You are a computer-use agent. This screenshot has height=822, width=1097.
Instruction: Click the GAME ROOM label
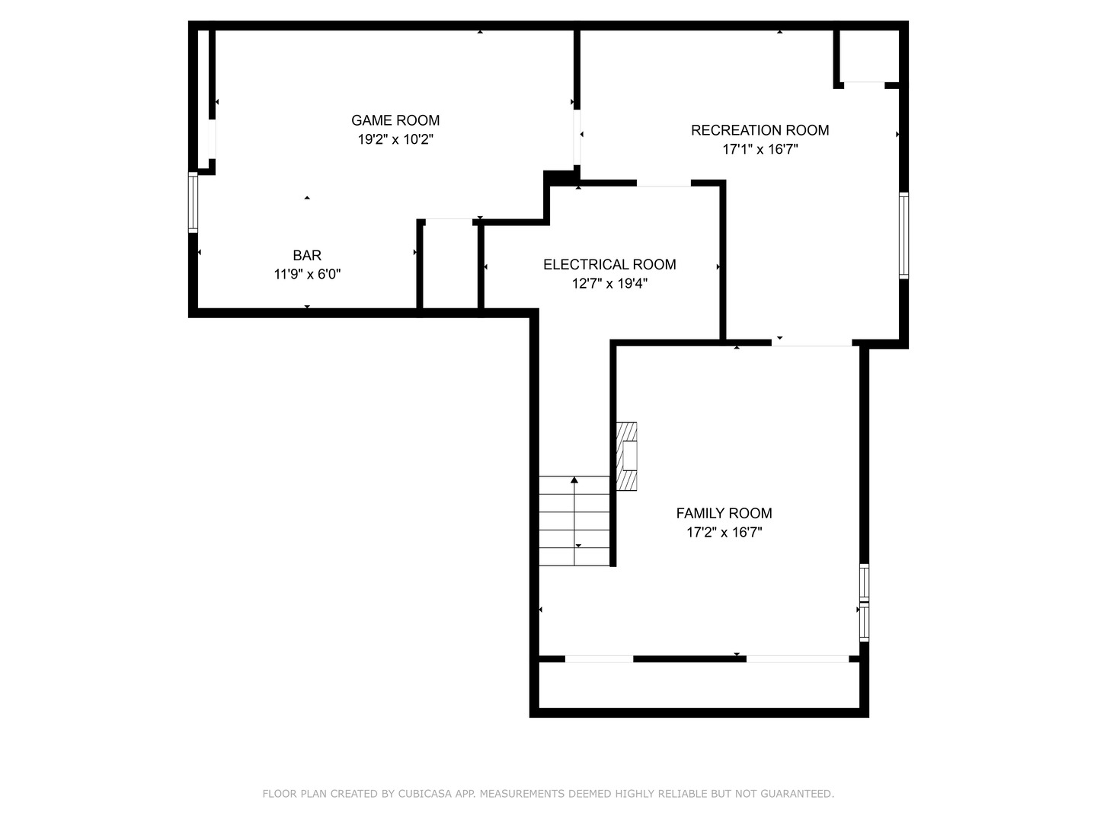point(395,120)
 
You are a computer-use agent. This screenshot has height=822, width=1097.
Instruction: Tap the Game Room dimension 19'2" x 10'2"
point(395,140)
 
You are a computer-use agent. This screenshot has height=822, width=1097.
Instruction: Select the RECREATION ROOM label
point(760,130)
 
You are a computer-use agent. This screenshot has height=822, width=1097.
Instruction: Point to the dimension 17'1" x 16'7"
point(760,150)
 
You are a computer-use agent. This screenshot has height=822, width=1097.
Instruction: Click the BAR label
point(307,256)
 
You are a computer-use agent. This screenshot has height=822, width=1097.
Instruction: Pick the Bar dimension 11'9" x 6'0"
point(307,275)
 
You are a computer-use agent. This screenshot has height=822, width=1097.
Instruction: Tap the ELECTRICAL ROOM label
point(609,265)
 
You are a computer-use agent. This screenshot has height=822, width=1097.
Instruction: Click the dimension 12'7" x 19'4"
point(609,284)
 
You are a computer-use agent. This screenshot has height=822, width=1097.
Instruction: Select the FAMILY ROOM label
point(724,514)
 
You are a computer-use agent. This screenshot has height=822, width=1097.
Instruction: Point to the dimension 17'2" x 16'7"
point(724,533)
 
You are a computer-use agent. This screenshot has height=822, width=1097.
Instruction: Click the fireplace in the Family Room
point(626,457)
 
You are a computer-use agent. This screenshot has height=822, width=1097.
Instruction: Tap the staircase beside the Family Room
point(574,521)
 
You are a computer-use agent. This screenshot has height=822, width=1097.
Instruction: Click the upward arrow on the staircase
point(574,480)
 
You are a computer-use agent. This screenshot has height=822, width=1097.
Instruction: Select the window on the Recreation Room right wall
point(904,236)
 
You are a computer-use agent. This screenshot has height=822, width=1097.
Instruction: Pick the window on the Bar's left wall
point(193,202)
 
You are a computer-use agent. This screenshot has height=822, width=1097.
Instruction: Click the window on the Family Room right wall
point(864,603)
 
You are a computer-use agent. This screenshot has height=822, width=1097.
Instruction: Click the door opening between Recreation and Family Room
point(811,344)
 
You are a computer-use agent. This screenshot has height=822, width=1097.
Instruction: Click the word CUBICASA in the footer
point(426,794)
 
